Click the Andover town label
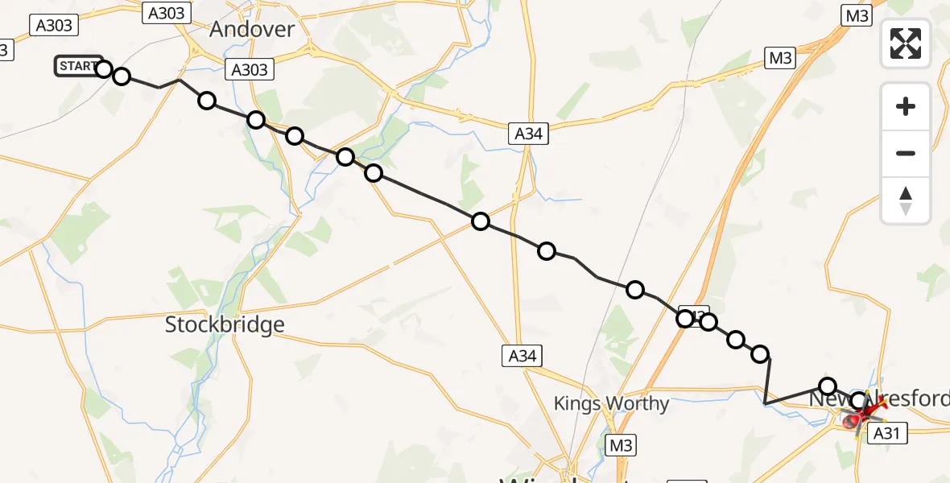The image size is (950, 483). [x=252, y=30]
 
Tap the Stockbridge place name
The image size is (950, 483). [x=225, y=324]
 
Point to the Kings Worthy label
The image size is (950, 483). [x=611, y=403]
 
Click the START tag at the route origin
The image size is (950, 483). [x=77, y=66]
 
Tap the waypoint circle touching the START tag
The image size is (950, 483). [x=104, y=68]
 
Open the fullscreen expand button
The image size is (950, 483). [x=906, y=43]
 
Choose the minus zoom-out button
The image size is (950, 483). [x=906, y=153]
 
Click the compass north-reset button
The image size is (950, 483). [x=906, y=200]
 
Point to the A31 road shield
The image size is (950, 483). [x=886, y=433]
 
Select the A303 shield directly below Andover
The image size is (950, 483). [x=249, y=69]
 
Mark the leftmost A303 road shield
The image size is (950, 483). [x=55, y=26]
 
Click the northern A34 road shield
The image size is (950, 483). [x=528, y=134]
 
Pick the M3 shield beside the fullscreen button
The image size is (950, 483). [x=855, y=14]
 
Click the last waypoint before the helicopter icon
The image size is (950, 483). [x=859, y=401]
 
